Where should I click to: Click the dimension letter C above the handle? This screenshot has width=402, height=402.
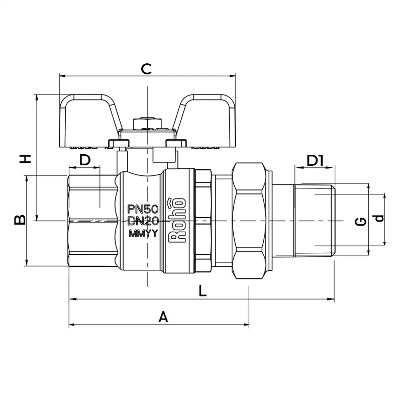click(x=146, y=69)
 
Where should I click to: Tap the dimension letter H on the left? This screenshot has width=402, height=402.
click(x=26, y=159)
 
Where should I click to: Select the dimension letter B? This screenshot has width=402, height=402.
click(x=20, y=220)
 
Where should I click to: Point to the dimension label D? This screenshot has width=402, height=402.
click(x=85, y=160)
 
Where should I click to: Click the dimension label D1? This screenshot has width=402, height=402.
click(x=315, y=160)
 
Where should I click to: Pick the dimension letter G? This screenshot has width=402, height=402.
click(x=361, y=222)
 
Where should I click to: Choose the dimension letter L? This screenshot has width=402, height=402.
click(x=203, y=291)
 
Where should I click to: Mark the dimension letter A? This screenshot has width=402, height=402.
click(x=163, y=317)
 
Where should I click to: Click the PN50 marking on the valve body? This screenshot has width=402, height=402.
click(x=143, y=209)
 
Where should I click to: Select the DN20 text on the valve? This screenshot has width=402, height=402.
click(x=143, y=221)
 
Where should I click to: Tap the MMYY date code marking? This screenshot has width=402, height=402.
click(x=143, y=234)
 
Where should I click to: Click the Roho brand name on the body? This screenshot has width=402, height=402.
click(x=177, y=220)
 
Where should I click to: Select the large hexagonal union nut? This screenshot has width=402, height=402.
click(x=249, y=221)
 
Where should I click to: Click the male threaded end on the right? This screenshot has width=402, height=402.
click(x=315, y=220)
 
